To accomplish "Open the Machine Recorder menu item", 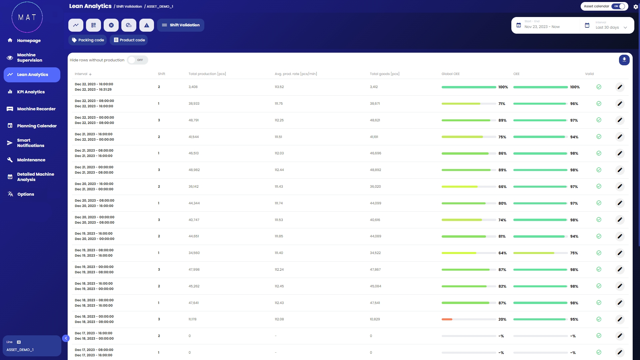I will click(36, 109).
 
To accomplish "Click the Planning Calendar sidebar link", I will click(37, 126).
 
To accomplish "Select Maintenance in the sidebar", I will click(31, 160).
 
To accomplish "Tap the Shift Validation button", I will click(181, 25).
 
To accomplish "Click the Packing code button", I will click(88, 40).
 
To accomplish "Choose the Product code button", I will click(129, 40).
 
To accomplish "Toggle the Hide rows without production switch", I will click(137, 60).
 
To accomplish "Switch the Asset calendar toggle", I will click(619, 6).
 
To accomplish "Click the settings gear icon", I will click(636, 7).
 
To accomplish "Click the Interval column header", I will click(81, 74).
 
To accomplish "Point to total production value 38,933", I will click(194, 104).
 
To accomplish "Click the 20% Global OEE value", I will click(502, 319).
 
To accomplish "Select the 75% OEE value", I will click(574, 253).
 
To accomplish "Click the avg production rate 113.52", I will click(279, 87).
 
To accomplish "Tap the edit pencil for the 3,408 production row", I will click(620, 87).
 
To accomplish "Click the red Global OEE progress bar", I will click(447, 319).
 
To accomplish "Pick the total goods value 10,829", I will click(375, 319).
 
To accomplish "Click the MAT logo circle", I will click(27, 17).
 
